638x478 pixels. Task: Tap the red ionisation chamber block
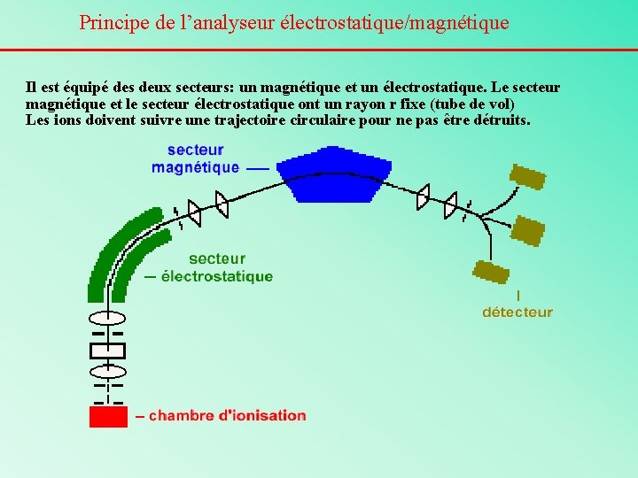[x=108, y=415]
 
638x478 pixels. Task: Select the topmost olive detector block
[x=528, y=178]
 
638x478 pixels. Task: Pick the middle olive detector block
[x=528, y=231]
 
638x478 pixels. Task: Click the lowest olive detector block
[x=491, y=272]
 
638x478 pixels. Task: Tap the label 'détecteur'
[x=517, y=312]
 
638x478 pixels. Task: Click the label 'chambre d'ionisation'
[x=227, y=415]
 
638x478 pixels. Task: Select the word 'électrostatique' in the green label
[x=215, y=276]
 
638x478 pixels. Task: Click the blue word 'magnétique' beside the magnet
[x=195, y=166]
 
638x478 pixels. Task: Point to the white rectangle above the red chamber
[x=108, y=350]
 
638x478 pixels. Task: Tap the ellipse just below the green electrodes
[x=108, y=317]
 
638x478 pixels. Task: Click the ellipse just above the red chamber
[x=108, y=369]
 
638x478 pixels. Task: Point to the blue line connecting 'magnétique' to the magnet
[x=258, y=166]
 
